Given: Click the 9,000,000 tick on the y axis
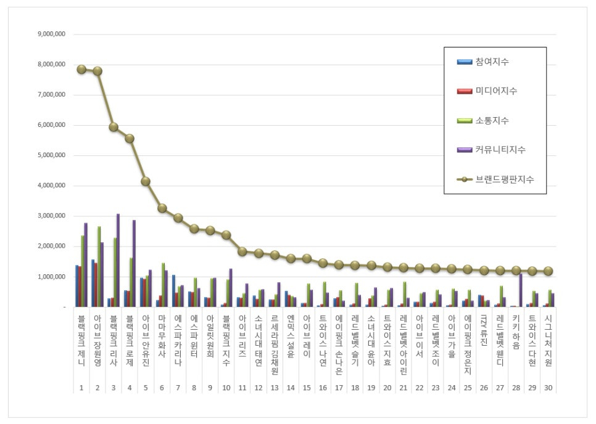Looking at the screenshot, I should (52, 34).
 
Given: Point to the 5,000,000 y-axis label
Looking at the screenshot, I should (52, 155).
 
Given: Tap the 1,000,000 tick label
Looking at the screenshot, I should (52, 277).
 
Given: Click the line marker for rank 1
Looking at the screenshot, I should (81, 69).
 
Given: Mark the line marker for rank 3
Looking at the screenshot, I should (114, 127).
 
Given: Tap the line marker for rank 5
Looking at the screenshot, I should (146, 181).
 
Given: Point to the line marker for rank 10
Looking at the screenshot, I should (226, 235).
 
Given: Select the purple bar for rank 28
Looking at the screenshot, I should (520, 290).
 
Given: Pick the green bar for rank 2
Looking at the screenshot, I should (99, 266).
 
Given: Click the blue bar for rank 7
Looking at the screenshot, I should (174, 291).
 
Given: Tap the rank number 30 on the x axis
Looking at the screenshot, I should (547, 388).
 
